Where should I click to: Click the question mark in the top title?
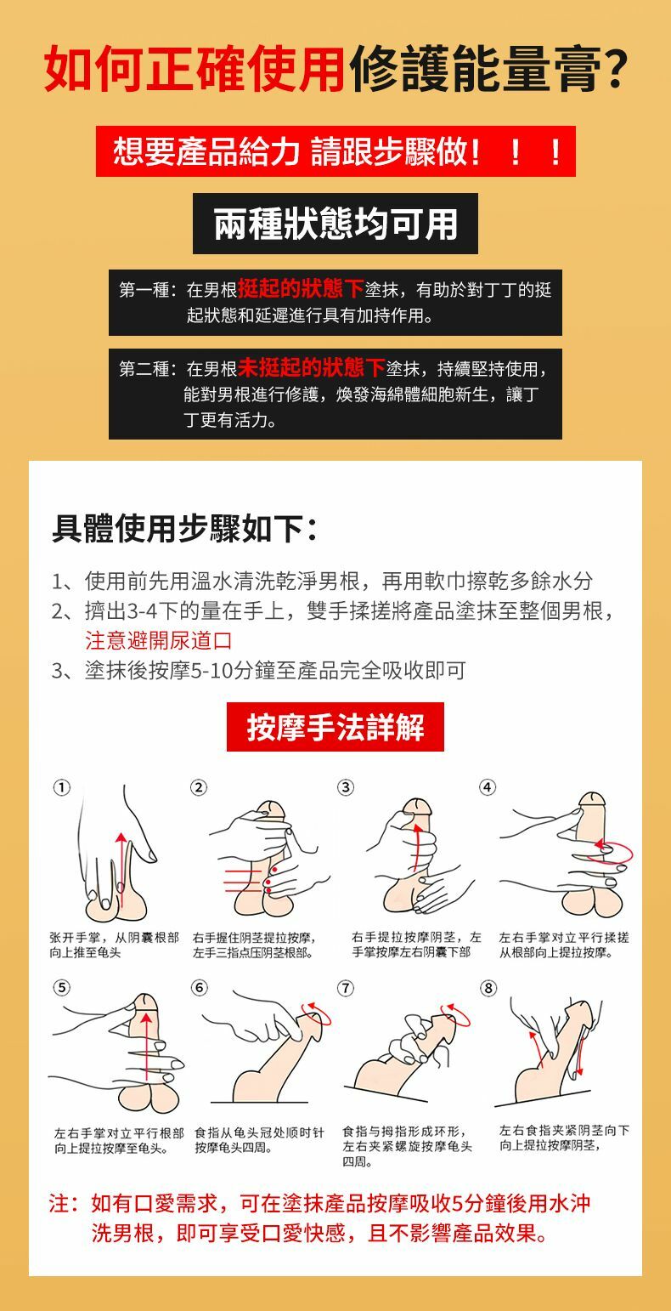pyautogui.click(x=615, y=68)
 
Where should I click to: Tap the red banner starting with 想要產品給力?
pyautogui.click(x=335, y=151)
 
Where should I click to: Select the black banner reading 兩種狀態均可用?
pyautogui.click(x=335, y=224)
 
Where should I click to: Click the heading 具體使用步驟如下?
pyautogui.click(x=184, y=529)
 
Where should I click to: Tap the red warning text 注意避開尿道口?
pyautogui.click(x=158, y=640)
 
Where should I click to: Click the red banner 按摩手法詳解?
pyautogui.click(x=335, y=727)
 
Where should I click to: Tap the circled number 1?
pyautogui.click(x=61, y=788)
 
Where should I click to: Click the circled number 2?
pyautogui.click(x=199, y=788)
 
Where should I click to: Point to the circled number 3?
pyautogui.click(x=346, y=788)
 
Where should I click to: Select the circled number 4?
pyautogui.click(x=488, y=788)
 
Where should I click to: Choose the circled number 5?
pyautogui.click(x=61, y=989)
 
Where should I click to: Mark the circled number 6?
pyautogui.click(x=199, y=989)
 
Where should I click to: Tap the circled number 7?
pyautogui.click(x=346, y=989)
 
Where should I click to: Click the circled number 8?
pyautogui.click(x=488, y=989)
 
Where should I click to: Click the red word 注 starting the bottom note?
pyautogui.click(x=59, y=1204)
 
